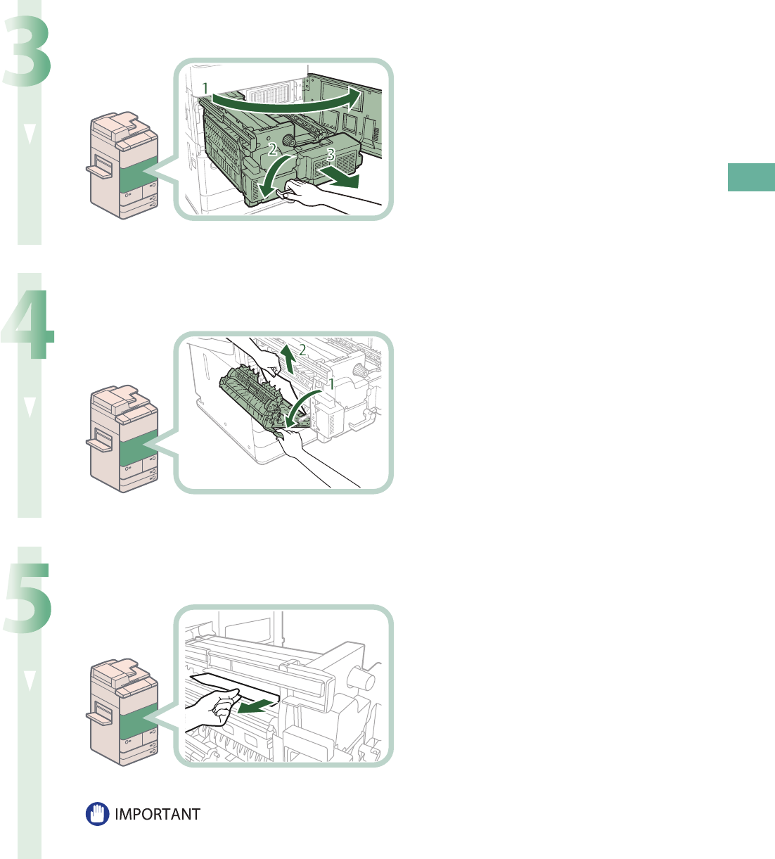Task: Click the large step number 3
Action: [x=28, y=53]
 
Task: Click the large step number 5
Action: [x=28, y=598]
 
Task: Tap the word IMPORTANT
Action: [x=158, y=815]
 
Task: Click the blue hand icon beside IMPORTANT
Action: [x=98, y=815]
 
